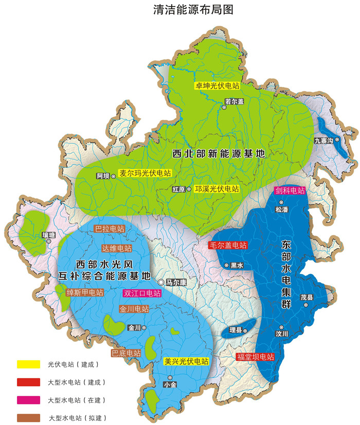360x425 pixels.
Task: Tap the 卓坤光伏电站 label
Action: pyautogui.click(x=217, y=86)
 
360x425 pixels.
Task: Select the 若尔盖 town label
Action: pyautogui.click(x=234, y=102)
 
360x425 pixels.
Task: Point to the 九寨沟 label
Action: pyautogui.click(x=324, y=140)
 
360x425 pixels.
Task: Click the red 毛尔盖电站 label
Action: pyautogui.click(x=228, y=245)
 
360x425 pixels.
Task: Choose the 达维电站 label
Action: pyautogui.click(x=117, y=248)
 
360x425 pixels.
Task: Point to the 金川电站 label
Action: pyautogui.click(x=134, y=309)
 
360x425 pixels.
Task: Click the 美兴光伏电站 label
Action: pyautogui.click(x=186, y=361)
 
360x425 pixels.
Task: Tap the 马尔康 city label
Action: pyautogui.click(x=176, y=283)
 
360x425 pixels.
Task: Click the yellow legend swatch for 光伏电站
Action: pyautogui.click(x=29, y=364)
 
